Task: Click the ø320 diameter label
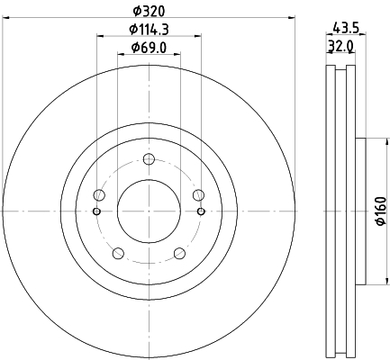[x=148, y=10]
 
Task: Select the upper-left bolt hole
[x=99, y=195]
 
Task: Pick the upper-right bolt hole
[x=198, y=195]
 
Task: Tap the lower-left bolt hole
[x=117, y=253]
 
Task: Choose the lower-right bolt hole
[x=179, y=253]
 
